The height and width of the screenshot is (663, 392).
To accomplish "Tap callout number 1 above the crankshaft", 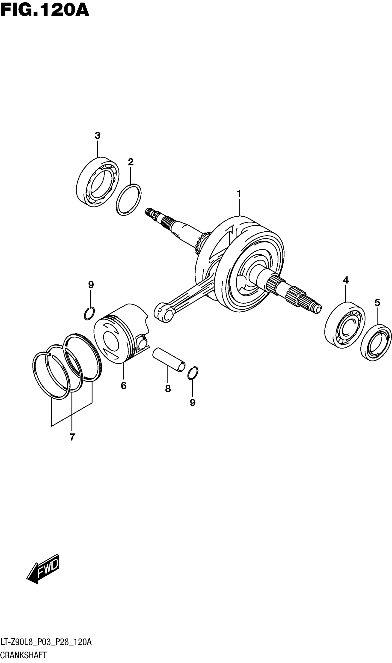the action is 239,194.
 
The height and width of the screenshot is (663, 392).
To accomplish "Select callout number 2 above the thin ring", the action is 131,162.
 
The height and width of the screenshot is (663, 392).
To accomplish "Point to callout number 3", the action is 98,136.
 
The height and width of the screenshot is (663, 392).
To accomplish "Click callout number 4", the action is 346,280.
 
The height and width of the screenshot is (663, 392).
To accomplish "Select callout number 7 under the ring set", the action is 72,437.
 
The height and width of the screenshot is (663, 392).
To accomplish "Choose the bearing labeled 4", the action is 344,325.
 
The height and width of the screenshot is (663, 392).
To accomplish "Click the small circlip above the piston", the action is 89,314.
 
